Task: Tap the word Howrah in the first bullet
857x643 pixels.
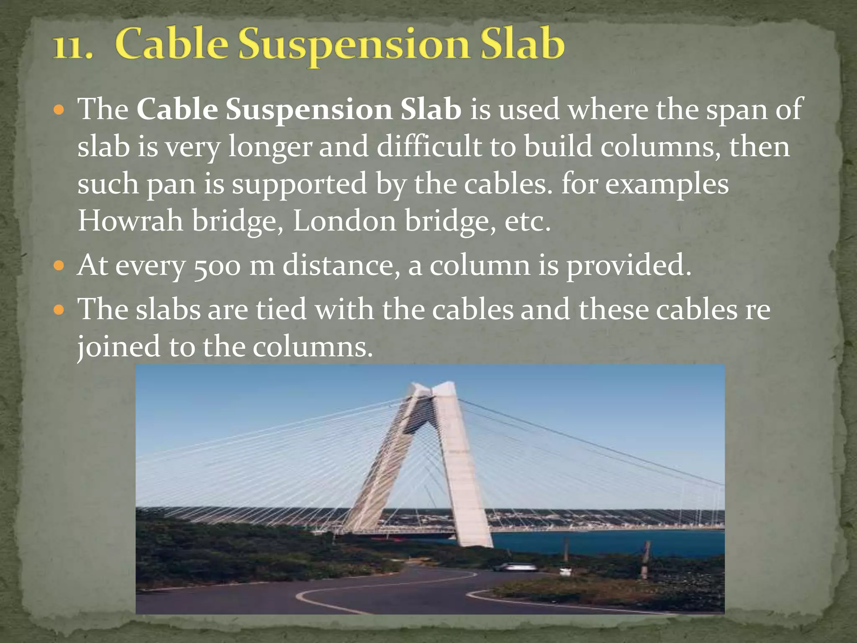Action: point(131,221)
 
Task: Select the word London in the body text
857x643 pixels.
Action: point(344,221)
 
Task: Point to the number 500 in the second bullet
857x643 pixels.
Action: point(217,266)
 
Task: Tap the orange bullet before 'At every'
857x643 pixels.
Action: point(59,265)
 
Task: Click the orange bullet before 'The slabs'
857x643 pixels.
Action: point(59,310)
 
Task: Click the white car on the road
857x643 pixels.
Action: point(515,568)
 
